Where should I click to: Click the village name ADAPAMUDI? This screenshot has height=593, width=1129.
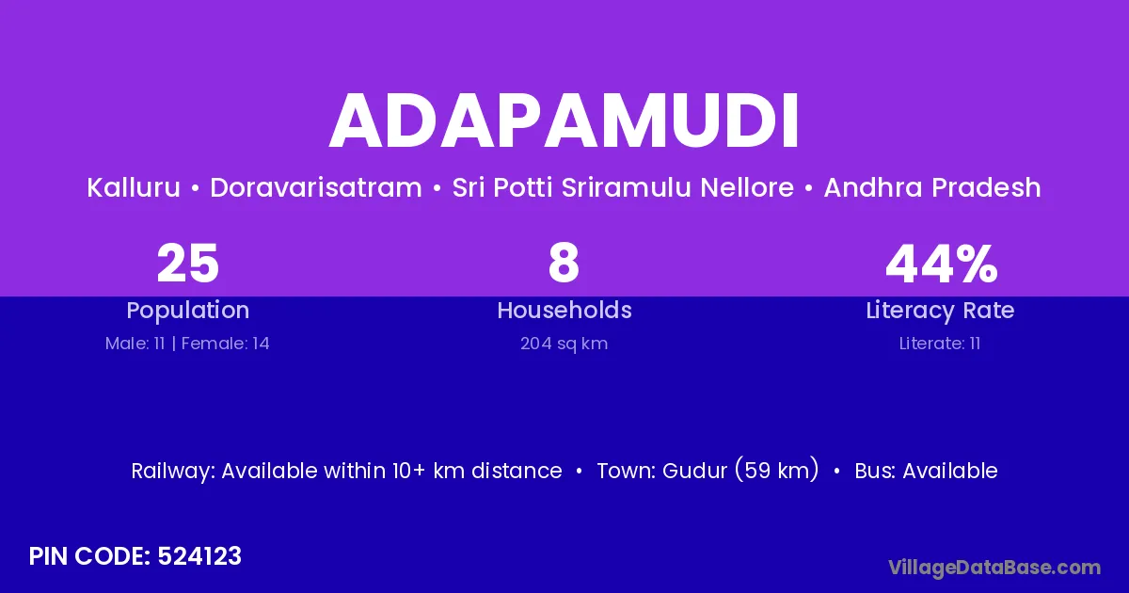click(x=564, y=120)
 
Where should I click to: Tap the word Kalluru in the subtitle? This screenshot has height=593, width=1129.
click(x=134, y=187)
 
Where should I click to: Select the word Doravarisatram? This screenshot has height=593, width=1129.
click(x=316, y=187)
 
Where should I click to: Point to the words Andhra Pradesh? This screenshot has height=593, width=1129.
click(x=932, y=187)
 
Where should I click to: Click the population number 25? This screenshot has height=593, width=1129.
click(x=187, y=264)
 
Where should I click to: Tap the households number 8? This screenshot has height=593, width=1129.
click(x=564, y=264)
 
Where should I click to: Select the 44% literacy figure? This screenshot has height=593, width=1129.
click(x=942, y=264)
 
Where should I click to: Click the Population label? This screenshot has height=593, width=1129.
click(x=188, y=310)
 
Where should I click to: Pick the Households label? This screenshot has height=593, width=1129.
click(x=564, y=310)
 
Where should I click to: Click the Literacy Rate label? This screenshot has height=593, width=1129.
click(x=940, y=310)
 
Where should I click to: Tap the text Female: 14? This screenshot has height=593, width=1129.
click(x=225, y=344)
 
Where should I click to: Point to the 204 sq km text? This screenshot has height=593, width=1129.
click(x=564, y=344)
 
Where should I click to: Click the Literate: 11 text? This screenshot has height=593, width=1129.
click(x=940, y=344)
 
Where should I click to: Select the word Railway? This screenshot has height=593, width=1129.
click(x=173, y=471)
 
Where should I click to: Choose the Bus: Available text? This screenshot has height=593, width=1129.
click(x=926, y=471)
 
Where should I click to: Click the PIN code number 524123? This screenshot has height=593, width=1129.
click(x=199, y=556)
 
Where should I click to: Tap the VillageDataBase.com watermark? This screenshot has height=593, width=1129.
click(x=994, y=568)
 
